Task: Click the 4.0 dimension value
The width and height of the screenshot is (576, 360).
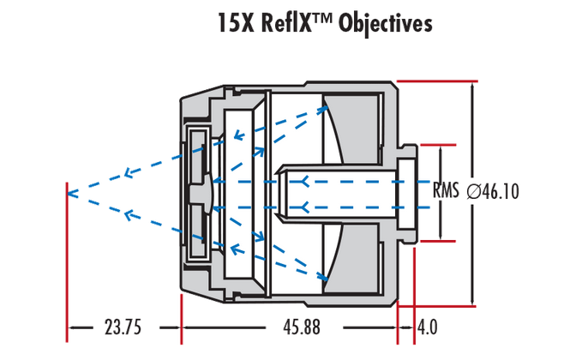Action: (426, 327)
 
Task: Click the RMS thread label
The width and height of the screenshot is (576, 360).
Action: (447, 191)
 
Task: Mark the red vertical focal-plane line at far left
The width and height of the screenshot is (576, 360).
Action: (67, 257)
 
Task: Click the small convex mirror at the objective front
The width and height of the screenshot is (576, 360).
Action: (204, 190)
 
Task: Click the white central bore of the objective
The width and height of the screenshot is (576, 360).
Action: (343, 190)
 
